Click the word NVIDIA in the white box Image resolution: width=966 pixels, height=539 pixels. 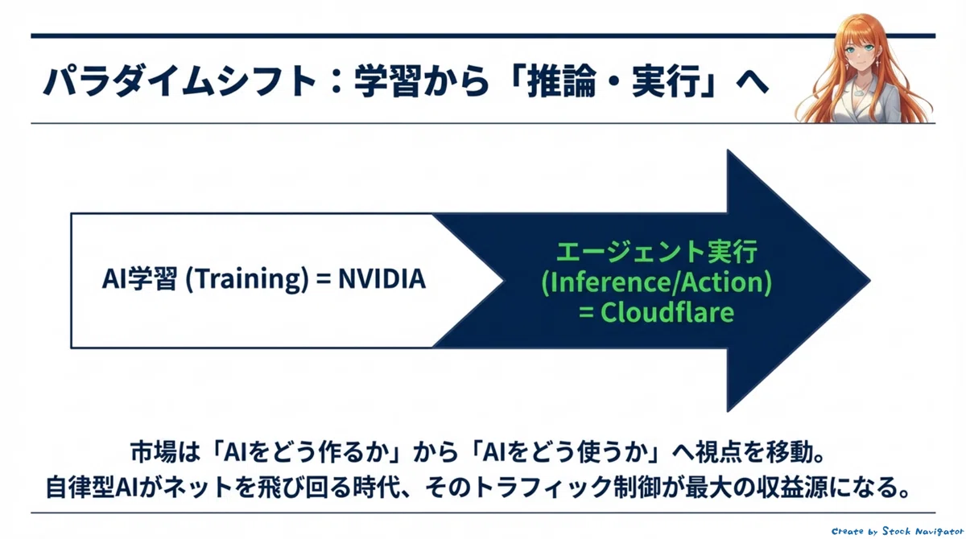point(382,279)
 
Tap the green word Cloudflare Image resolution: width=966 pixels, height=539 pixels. point(667,312)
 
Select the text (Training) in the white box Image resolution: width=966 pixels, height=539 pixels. point(246,280)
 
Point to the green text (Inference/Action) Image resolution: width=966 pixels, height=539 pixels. point(656,282)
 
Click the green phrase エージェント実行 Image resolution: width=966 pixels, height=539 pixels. point(657,252)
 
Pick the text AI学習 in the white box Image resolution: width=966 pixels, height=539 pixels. point(139,279)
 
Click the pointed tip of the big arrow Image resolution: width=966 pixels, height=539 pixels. point(870,281)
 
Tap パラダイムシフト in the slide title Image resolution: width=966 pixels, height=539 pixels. point(180,81)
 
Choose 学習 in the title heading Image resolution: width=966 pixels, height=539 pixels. point(387,81)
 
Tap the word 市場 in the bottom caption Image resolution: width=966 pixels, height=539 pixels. point(153,452)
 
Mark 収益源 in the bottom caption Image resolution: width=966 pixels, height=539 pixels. point(795,488)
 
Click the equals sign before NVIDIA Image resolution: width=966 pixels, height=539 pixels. point(324,280)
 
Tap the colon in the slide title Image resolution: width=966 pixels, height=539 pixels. point(337,81)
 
